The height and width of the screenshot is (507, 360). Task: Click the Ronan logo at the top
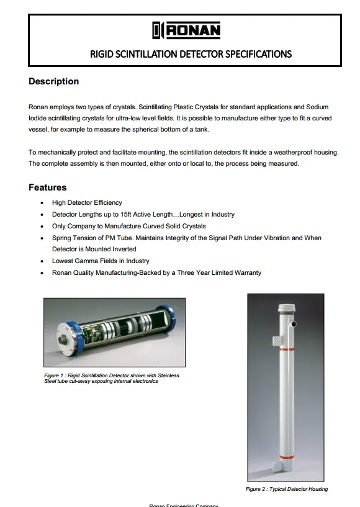pyautogui.click(x=186, y=30)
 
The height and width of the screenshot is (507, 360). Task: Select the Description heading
pyautogui.click(x=54, y=81)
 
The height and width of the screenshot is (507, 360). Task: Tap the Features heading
pyautogui.click(x=47, y=187)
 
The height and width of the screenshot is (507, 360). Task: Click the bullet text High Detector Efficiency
pyautogui.click(x=87, y=203)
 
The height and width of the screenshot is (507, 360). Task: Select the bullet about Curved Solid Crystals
pyautogui.click(x=128, y=227)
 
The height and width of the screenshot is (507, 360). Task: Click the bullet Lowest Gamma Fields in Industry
pyautogui.click(x=101, y=261)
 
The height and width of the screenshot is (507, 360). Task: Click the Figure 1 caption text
pyautogui.click(x=112, y=378)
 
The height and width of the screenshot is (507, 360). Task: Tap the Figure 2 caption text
pyautogui.click(x=286, y=489)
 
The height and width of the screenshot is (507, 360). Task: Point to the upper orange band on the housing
pyautogui.click(x=287, y=349)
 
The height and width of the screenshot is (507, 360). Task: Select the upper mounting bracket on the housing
pyautogui.click(x=277, y=341)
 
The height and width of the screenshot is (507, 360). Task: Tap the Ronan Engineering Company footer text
pyautogui.click(x=184, y=505)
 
